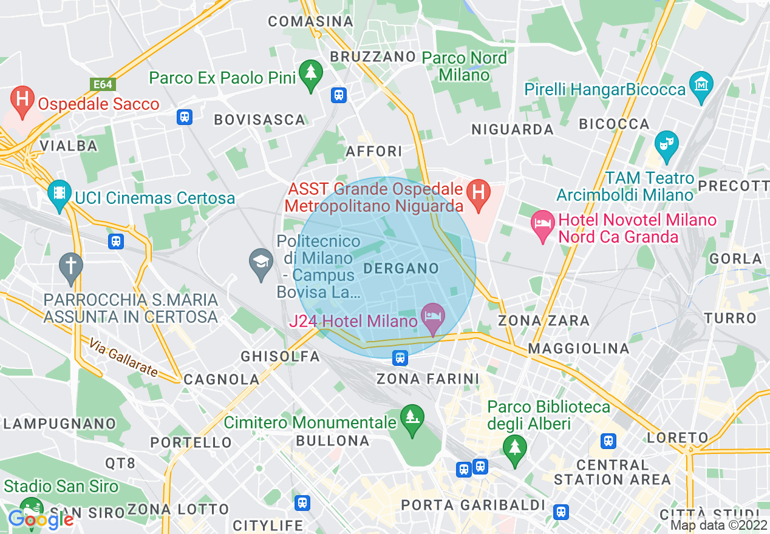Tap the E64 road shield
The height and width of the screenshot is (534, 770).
103,84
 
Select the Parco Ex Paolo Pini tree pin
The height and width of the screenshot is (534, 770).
311,75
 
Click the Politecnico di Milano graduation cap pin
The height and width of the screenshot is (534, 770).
262,264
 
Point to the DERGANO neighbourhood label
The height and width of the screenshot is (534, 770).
401,268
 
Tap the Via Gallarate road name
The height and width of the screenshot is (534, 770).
123,358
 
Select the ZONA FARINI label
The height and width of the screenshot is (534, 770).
428,379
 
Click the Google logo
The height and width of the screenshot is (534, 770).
41,519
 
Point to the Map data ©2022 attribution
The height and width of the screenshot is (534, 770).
714,526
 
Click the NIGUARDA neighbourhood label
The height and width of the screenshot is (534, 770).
513,129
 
